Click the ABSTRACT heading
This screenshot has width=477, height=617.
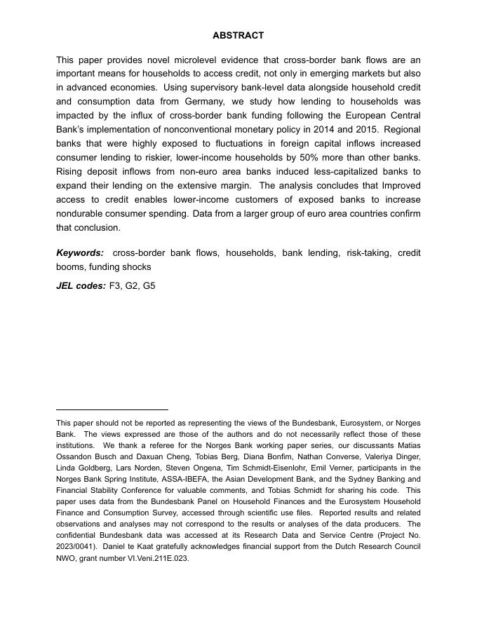[x=238, y=35]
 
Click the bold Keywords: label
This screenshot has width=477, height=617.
[x=80, y=253]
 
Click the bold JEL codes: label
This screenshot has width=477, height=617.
[x=81, y=286]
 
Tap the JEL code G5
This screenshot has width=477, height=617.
[x=149, y=286]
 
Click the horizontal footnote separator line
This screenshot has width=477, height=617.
[x=112, y=409]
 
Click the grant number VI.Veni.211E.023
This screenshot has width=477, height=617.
[x=156, y=559]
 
